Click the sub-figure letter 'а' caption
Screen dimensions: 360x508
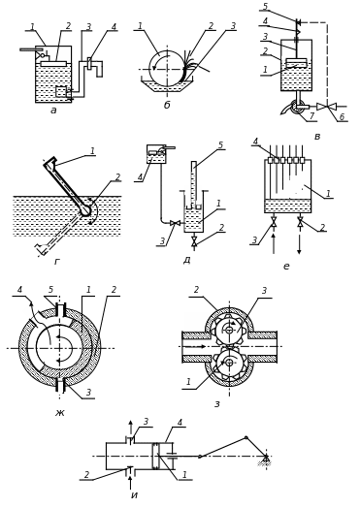[53, 111]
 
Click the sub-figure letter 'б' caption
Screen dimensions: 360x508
[167, 105]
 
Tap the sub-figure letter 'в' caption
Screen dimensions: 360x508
[317, 137]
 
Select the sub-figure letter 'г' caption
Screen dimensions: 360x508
[57, 262]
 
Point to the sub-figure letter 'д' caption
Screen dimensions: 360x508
[187, 260]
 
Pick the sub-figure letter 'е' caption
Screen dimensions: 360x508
[286, 267]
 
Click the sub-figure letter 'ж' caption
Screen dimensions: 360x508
[60, 413]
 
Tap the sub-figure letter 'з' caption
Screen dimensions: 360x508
[217, 404]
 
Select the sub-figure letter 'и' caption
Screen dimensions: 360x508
[135, 495]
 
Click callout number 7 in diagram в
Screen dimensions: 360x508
[312, 115]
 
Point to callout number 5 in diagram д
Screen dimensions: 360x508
[220, 144]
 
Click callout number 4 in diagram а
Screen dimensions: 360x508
[114, 26]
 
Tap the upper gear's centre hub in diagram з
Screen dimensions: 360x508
[229, 331]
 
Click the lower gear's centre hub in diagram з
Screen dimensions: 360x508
[229, 363]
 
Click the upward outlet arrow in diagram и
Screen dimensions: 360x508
[130, 429]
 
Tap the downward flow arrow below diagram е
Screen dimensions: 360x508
[299, 243]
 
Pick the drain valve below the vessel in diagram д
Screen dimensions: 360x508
[194, 240]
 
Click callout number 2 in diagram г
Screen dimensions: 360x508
[117, 177]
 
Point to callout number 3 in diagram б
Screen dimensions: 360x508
[233, 26]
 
